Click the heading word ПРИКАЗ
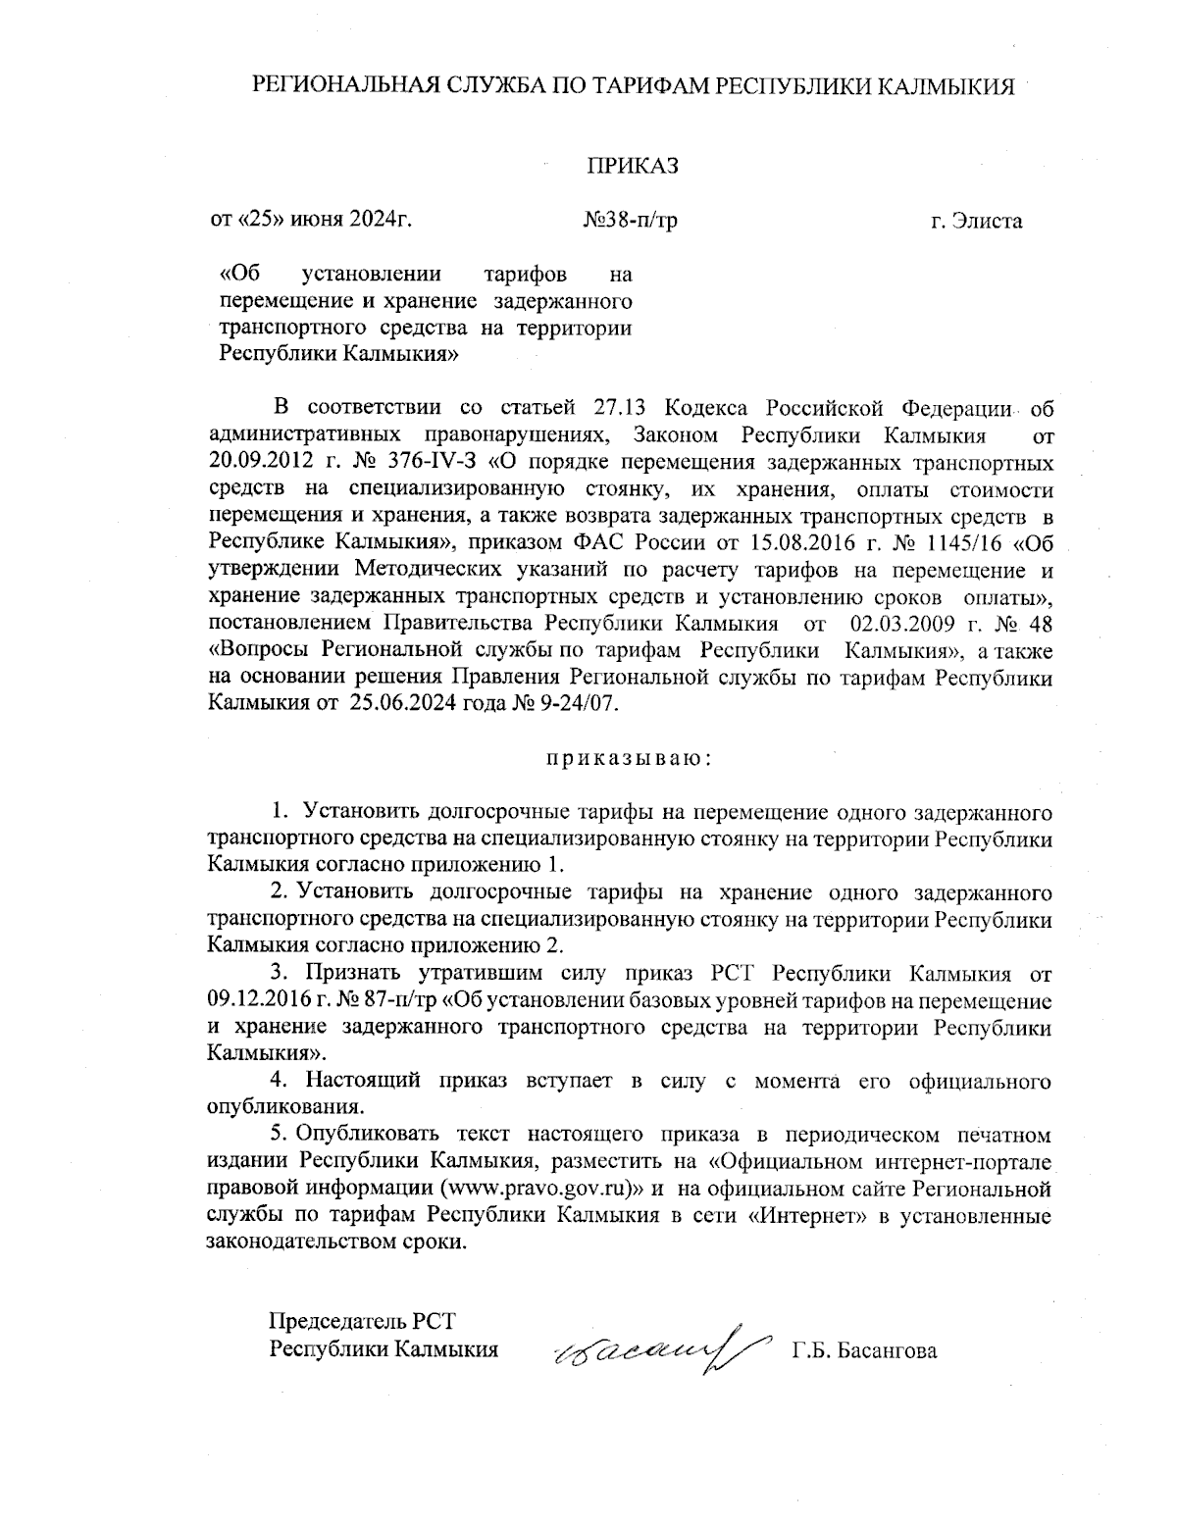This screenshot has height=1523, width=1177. coord(633,166)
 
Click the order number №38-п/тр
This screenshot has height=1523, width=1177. coord(630,221)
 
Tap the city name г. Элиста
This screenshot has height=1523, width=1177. coord(976,221)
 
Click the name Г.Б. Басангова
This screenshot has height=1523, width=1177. coord(863,1351)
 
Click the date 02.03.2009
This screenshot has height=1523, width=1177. coord(902,624)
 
